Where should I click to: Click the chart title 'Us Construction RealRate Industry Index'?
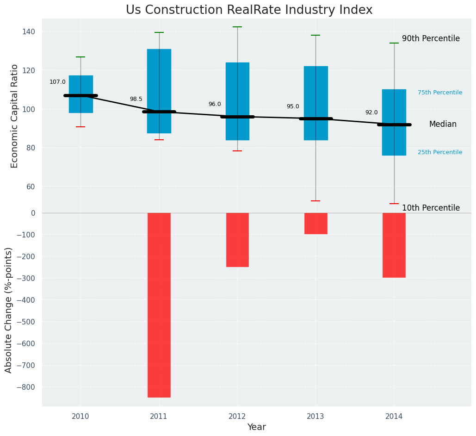tap(249, 10)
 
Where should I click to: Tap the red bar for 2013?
tap(316, 224)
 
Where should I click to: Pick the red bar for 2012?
tap(237, 240)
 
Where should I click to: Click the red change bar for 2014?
tap(394, 245)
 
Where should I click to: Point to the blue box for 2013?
tap(316, 93)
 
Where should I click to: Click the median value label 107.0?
tap(57, 82)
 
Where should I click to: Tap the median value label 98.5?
tap(136, 99)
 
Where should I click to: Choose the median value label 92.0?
tap(371, 112)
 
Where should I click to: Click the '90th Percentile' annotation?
tap(431, 39)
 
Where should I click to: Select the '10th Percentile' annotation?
tap(431, 208)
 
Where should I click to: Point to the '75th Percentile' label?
tap(440, 93)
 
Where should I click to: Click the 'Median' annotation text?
tap(443, 125)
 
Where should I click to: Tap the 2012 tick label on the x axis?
tap(237, 417)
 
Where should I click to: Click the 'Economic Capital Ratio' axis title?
tap(15, 116)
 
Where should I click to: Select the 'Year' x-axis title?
tap(256, 427)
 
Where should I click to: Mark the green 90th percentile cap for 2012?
tap(238, 27)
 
